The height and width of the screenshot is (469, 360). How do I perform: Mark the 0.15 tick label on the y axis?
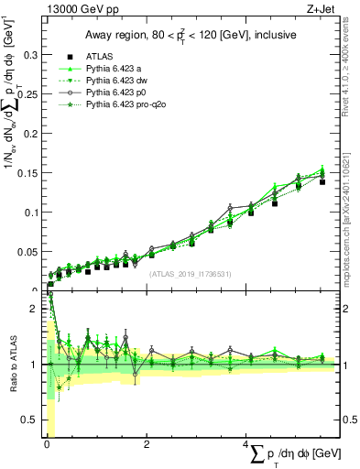[30, 172]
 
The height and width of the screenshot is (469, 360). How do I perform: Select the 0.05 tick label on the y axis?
[30, 251]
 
